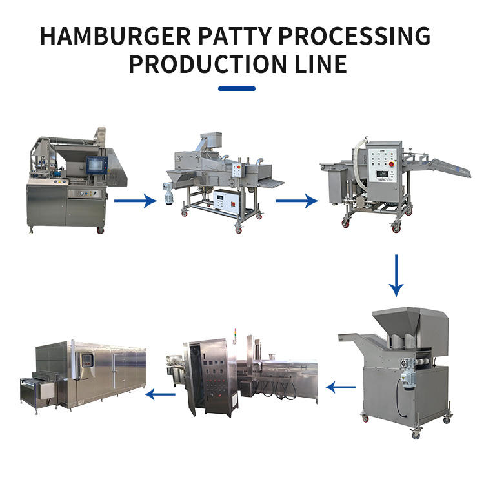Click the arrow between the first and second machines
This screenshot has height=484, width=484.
(x=135, y=201)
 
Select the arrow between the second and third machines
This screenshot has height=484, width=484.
(x=296, y=201)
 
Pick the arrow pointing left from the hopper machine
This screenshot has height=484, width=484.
(x=341, y=387)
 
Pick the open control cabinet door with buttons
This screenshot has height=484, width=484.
(x=210, y=378)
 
